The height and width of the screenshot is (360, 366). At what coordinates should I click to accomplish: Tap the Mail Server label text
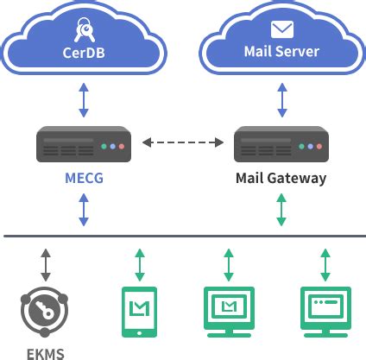[281, 51]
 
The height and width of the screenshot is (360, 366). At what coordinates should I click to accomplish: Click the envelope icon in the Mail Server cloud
[281, 28]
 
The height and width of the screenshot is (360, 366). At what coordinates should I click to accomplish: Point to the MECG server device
[84, 145]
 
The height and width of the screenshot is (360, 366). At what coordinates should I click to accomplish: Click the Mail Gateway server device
[281, 145]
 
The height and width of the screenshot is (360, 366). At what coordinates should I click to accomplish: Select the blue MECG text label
[84, 179]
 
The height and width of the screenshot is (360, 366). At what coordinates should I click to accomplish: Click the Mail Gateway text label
[281, 179]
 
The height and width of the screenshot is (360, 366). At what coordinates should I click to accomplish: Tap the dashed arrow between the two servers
[182, 140]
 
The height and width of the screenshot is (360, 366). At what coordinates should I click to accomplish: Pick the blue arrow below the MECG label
[84, 210]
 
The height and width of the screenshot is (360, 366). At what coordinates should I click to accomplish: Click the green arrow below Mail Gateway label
[281, 210]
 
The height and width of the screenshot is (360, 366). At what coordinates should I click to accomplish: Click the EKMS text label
[43, 352]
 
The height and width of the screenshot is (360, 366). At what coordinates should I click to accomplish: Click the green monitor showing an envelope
[229, 310]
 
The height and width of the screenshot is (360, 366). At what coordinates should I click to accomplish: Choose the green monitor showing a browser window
[325, 310]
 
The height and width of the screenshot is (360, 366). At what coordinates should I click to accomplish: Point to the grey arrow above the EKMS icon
[44, 262]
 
